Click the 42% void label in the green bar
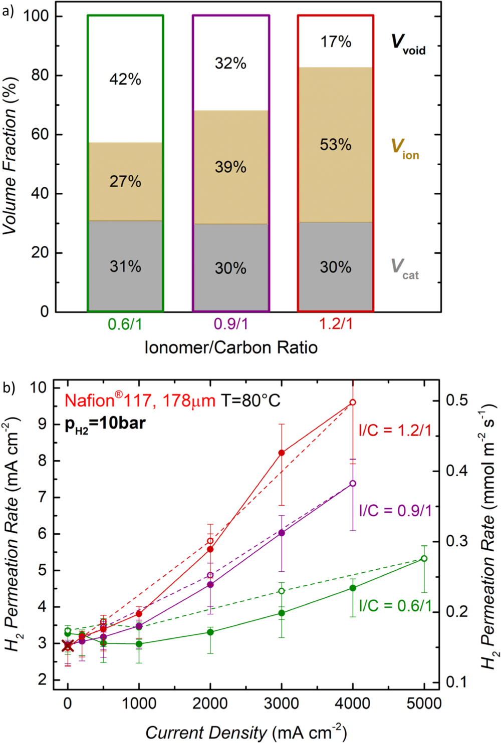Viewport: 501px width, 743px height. click(125, 79)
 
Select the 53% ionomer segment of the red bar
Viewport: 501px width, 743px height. click(336, 145)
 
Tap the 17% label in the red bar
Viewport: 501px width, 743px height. click(336, 42)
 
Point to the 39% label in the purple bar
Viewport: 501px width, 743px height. click(230, 167)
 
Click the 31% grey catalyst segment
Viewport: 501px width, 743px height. click(125, 266)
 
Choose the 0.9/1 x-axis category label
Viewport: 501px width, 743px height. click(230, 324)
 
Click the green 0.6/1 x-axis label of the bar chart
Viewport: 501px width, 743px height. click(125, 324)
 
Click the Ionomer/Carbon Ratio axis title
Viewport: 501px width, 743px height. click(231, 347)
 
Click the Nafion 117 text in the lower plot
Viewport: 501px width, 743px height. click(140, 401)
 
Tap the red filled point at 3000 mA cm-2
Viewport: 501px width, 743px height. click(282, 453)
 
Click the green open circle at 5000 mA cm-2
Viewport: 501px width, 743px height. click(424, 558)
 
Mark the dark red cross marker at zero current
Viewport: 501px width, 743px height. click(68, 646)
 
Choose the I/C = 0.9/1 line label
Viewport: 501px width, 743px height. click(395, 510)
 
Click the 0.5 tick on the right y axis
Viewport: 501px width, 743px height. click(457, 400)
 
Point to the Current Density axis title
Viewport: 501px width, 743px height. click(246, 732)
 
